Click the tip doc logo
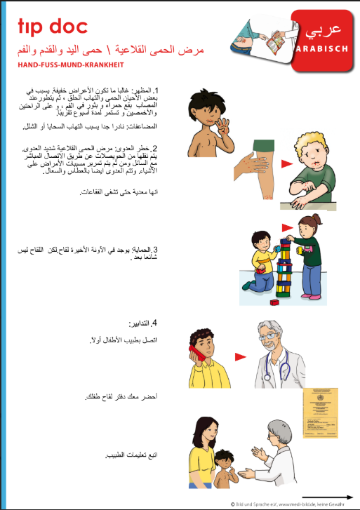(x=52, y=27)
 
